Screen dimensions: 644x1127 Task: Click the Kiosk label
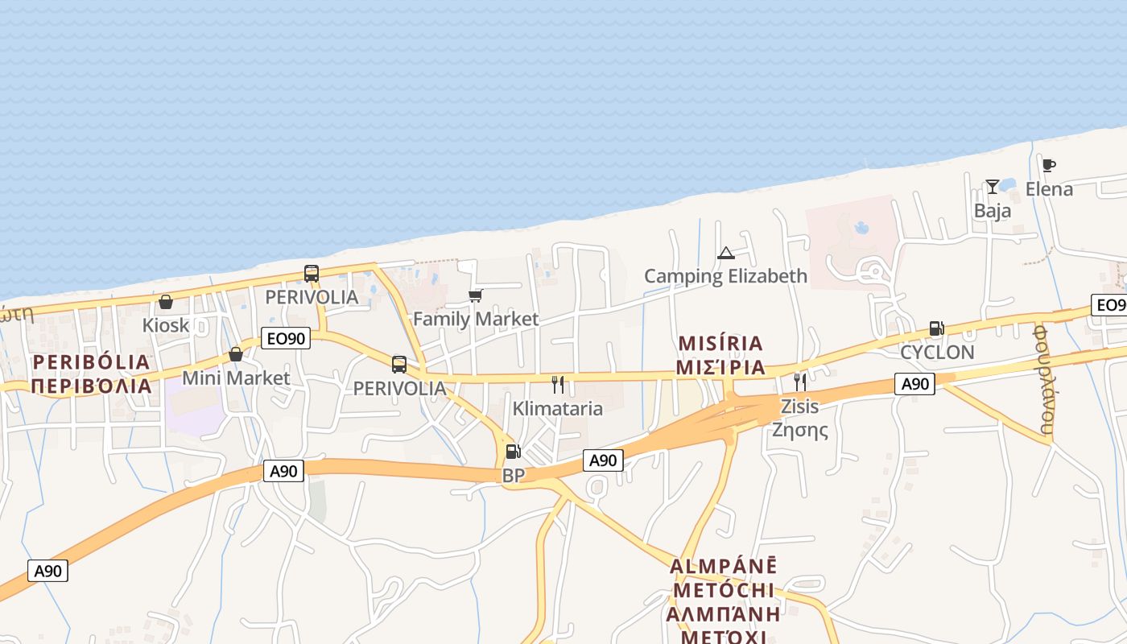[166, 325]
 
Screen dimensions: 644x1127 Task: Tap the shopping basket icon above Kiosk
[166, 302]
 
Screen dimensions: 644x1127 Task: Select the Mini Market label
[236, 378]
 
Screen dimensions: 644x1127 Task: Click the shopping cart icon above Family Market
[475, 295]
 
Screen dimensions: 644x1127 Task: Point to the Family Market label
[476, 319]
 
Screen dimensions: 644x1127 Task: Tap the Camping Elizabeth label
[725, 276]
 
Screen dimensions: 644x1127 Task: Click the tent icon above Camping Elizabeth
[726, 254]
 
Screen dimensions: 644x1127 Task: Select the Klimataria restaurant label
[558, 408]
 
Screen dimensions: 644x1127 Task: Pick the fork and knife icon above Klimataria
[558, 385]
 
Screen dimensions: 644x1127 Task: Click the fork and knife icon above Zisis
[799, 382]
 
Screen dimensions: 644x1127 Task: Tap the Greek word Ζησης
[799, 429]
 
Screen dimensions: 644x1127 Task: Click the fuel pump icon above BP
[513, 452]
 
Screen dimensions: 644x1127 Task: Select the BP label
[514, 476]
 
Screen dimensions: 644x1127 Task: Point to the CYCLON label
[937, 352]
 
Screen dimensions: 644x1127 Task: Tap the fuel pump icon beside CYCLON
[936, 328]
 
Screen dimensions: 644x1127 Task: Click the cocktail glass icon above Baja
[993, 187]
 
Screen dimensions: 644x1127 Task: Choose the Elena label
[1049, 189]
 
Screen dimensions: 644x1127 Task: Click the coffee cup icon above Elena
[1048, 166]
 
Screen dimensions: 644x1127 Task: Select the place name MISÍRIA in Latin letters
[720, 344]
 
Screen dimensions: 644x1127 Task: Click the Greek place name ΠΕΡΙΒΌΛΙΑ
[92, 386]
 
